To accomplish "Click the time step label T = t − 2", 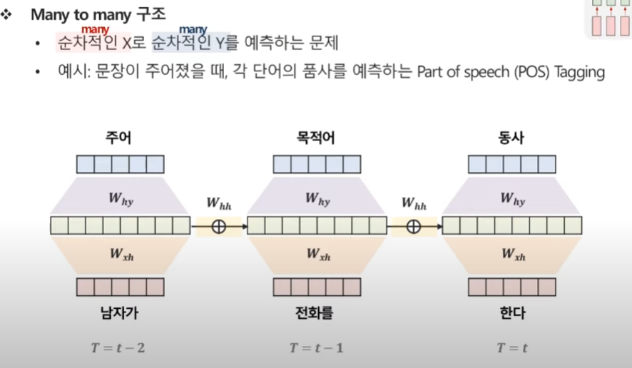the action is coord(120,348).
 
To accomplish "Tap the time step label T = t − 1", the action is coord(317,348).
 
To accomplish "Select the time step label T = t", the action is coord(512,348).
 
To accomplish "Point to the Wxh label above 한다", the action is coord(512,253).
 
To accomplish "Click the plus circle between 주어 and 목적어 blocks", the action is coord(218,226).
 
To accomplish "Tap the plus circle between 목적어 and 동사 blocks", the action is coord(414,226).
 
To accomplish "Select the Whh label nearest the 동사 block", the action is coord(414,206).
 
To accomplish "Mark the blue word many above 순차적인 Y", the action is coord(193,29).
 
